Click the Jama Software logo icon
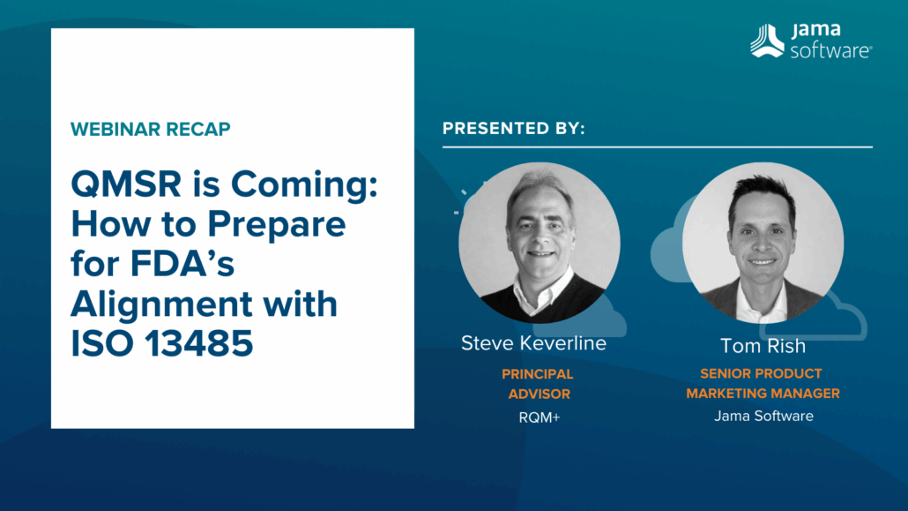766,41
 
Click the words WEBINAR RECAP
150,129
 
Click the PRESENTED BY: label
514,129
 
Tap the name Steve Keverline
533,343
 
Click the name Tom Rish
763,345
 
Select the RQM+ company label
540,417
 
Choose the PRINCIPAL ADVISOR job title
538,384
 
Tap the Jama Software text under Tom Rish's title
763,416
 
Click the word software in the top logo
830,51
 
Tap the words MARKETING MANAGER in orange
763,394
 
